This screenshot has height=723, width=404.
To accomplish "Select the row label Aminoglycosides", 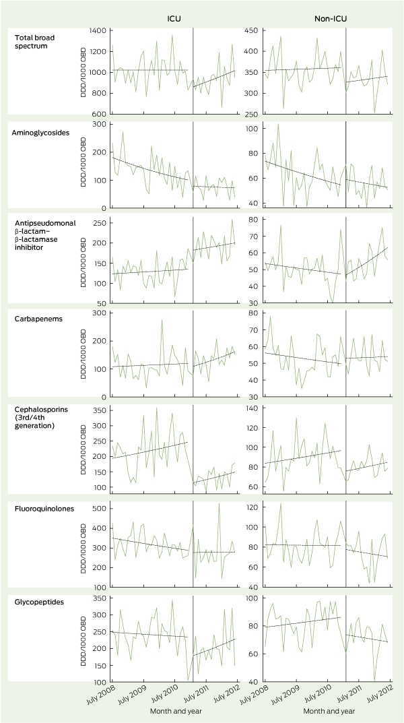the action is coord(34,132).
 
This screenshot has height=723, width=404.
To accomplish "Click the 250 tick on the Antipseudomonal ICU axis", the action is coord(101,223).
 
